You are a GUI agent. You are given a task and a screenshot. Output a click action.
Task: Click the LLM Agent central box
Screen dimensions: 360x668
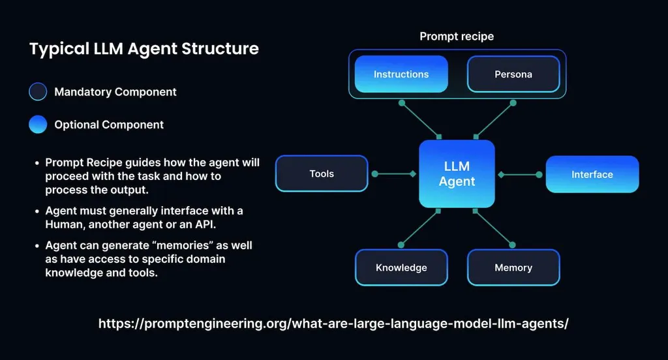pos(457,174)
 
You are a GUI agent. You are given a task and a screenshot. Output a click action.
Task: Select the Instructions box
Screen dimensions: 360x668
pos(401,74)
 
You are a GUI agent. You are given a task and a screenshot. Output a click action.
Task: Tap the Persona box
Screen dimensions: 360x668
pos(513,74)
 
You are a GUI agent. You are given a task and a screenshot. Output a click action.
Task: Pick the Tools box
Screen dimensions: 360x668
pos(322,173)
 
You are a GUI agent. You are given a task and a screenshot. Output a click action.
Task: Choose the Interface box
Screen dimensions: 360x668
pos(592,174)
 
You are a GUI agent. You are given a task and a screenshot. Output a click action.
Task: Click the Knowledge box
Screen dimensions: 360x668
pos(401,267)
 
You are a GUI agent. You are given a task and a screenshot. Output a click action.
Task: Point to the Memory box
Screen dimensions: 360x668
pos(513,267)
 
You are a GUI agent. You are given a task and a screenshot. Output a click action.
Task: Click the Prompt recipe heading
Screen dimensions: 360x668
pos(457,37)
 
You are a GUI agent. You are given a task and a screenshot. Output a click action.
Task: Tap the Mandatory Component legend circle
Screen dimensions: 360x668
pos(38,92)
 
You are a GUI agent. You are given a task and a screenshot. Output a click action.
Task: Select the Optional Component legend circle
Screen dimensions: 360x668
pos(38,125)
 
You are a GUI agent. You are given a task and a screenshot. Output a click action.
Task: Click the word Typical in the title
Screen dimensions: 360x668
pos(55,49)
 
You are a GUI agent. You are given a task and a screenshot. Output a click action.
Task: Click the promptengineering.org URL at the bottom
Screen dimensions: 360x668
pos(333,323)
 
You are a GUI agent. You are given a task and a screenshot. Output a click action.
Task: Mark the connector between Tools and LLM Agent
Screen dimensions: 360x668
pos(394,174)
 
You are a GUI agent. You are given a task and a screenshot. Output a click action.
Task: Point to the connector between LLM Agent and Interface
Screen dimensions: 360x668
pos(520,174)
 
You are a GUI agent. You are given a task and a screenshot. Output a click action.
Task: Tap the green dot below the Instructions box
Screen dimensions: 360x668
pos(402,103)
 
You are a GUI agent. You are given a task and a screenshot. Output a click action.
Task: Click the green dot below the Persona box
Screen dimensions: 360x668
pos(513,103)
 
